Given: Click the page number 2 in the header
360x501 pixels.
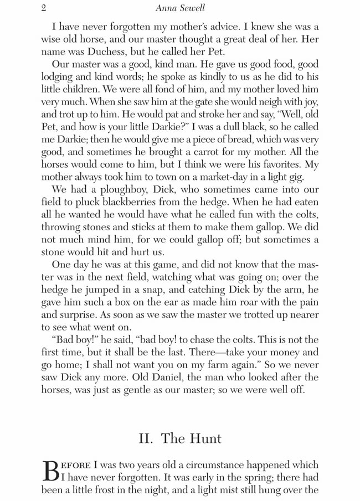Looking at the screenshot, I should pyautogui.click(x=44, y=8).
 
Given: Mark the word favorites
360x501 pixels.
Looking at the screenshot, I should pyautogui.click(x=281, y=164).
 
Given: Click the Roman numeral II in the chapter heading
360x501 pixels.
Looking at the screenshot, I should pyautogui.click(x=146, y=438).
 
